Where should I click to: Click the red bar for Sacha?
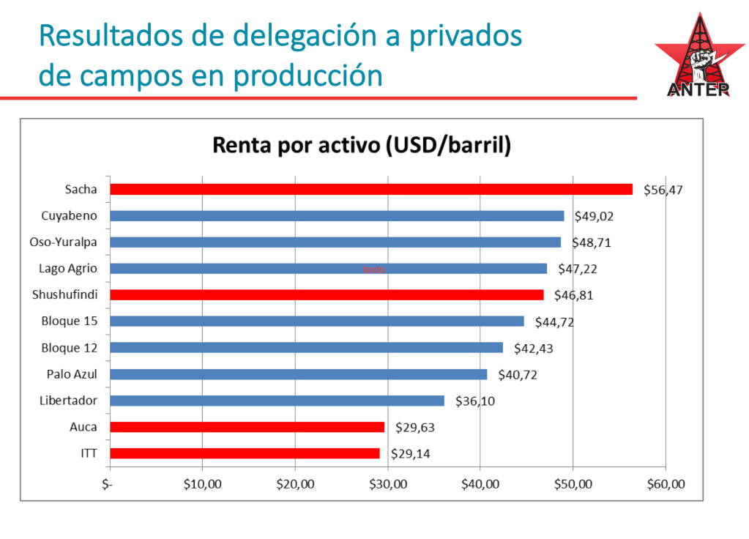click(370, 189)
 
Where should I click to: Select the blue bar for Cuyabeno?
click(337, 215)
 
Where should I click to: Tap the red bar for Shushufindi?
click(327, 294)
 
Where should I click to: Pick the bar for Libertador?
click(277, 401)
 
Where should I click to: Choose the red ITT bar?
click(245, 453)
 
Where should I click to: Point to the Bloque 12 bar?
click(306, 348)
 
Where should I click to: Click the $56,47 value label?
click(663, 190)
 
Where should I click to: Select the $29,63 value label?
click(414, 427)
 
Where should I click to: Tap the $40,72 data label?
click(518, 374)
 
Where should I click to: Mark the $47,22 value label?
click(577, 269)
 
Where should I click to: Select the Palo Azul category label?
click(72, 374)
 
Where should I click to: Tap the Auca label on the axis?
click(83, 427)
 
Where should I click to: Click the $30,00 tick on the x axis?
click(388, 484)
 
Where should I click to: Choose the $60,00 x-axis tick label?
click(666, 484)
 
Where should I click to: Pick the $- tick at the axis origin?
click(108, 484)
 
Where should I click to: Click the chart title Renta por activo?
click(361, 145)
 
